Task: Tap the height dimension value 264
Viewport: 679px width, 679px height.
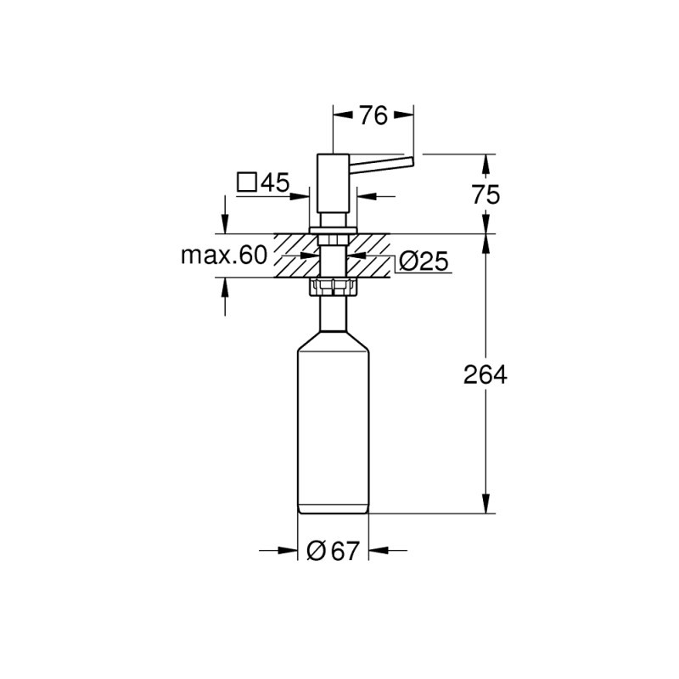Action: coord(486,374)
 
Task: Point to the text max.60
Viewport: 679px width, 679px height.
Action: coord(224,255)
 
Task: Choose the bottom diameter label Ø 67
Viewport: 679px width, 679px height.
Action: coord(333,552)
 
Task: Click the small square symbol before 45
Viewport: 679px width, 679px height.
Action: coord(247,182)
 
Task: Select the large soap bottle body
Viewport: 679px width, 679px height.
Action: coord(333,424)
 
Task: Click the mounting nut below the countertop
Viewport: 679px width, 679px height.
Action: coord(333,286)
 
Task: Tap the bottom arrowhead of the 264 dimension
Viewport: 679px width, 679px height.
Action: coord(486,506)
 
